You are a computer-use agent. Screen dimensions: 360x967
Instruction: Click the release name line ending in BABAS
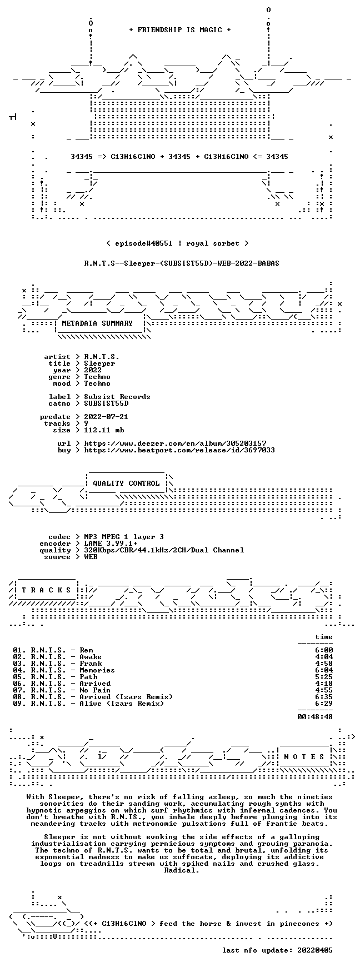point(182,263)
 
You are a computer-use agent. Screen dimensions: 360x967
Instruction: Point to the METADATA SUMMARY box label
point(98,323)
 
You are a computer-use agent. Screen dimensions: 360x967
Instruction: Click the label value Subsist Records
point(117,397)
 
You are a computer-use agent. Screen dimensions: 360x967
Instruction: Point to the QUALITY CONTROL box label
point(127,483)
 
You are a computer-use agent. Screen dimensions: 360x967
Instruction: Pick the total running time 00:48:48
point(316,717)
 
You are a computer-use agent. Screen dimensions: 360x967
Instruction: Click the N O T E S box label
point(304,757)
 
